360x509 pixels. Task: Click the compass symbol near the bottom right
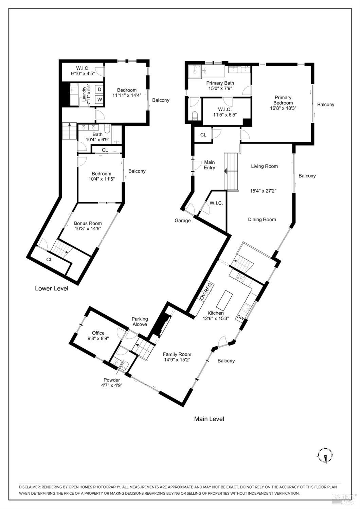point(325,454)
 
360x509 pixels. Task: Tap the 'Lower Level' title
point(52,288)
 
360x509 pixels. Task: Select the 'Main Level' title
point(209,419)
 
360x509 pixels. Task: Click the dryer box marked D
point(100,89)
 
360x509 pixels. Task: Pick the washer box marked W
point(100,100)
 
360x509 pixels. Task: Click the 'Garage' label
point(182,221)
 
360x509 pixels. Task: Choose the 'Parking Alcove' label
point(140,321)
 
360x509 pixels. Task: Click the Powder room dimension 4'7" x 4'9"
point(111,385)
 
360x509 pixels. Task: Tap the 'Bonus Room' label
point(88,223)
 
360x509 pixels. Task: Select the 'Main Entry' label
point(209,165)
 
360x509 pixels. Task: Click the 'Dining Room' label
point(262,220)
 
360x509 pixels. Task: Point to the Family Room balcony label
point(226,361)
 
